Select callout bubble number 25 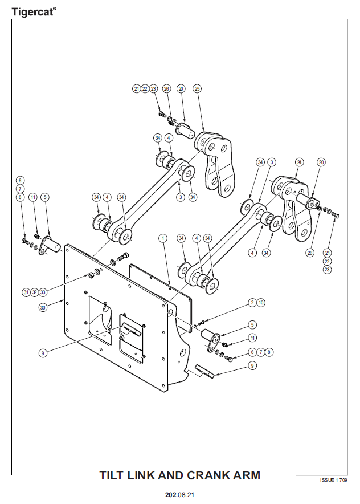(197, 89)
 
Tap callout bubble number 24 (298, 162)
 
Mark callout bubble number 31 (26, 292)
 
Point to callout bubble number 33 (43, 292)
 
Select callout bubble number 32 (34, 292)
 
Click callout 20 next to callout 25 (181, 89)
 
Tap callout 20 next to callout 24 (321, 162)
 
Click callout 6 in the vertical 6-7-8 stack (20, 180)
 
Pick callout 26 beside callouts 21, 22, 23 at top (166, 89)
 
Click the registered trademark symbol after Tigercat (55, 7)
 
